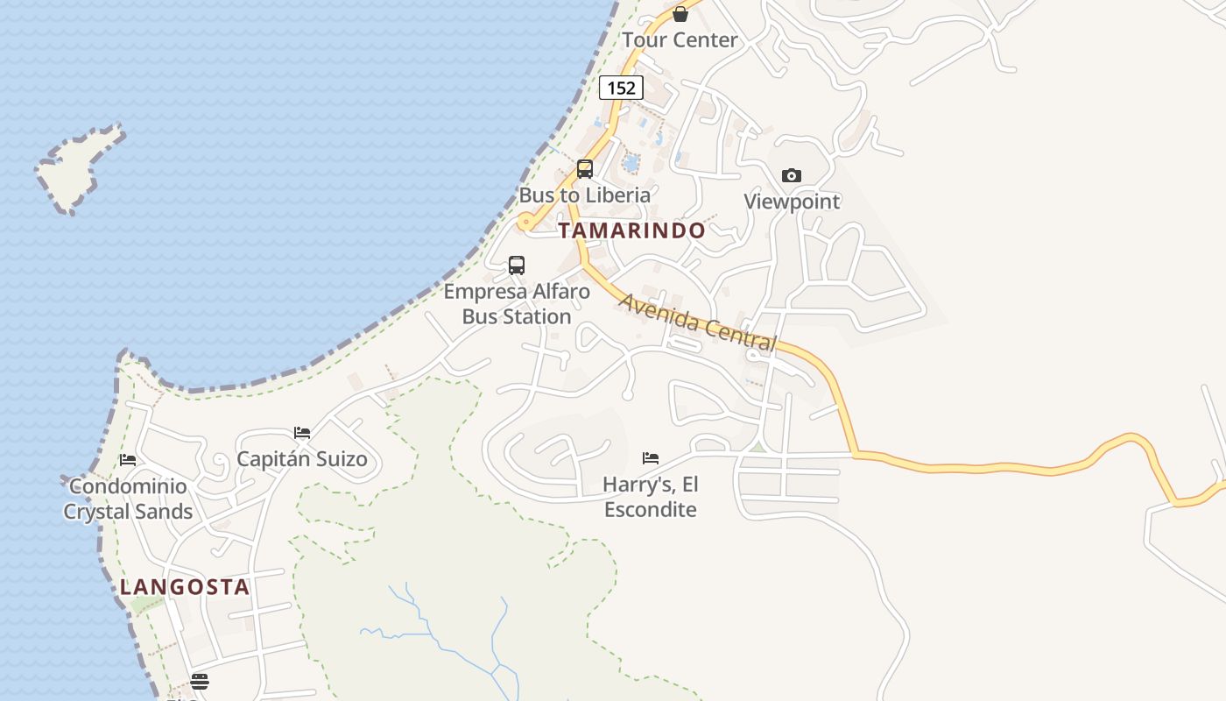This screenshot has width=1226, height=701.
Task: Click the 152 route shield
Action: tap(621, 88)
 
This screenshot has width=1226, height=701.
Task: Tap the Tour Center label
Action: tap(680, 40)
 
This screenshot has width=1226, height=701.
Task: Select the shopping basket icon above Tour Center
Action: tap(680, 14)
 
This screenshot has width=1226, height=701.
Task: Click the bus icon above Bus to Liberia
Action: tap(585, 169)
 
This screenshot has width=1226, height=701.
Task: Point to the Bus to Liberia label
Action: tap(585, 195)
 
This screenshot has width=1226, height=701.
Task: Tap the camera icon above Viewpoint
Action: tap(792, 175)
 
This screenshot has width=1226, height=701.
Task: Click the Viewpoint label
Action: tap(792, 202)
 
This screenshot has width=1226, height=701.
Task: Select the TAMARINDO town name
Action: tap(631, 230)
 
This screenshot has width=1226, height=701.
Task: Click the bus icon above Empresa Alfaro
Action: tap(517, 265)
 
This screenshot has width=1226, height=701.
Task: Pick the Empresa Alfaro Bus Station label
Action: tap(517, 304)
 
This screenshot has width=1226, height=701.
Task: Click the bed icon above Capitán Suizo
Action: tap(302, 433)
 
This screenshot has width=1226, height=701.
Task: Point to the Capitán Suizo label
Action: tap(302, 459)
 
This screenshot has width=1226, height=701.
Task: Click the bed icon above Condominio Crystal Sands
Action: tap(128, 460)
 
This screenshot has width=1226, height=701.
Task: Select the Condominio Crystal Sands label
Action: tap(128, 499)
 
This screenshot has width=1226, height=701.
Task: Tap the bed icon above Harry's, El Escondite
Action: tap(651, 457)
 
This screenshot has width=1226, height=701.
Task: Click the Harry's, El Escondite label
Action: tap(651, 497)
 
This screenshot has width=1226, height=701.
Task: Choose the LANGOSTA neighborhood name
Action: tap(185, 587)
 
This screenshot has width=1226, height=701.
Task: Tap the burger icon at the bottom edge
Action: tap(200, 681)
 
